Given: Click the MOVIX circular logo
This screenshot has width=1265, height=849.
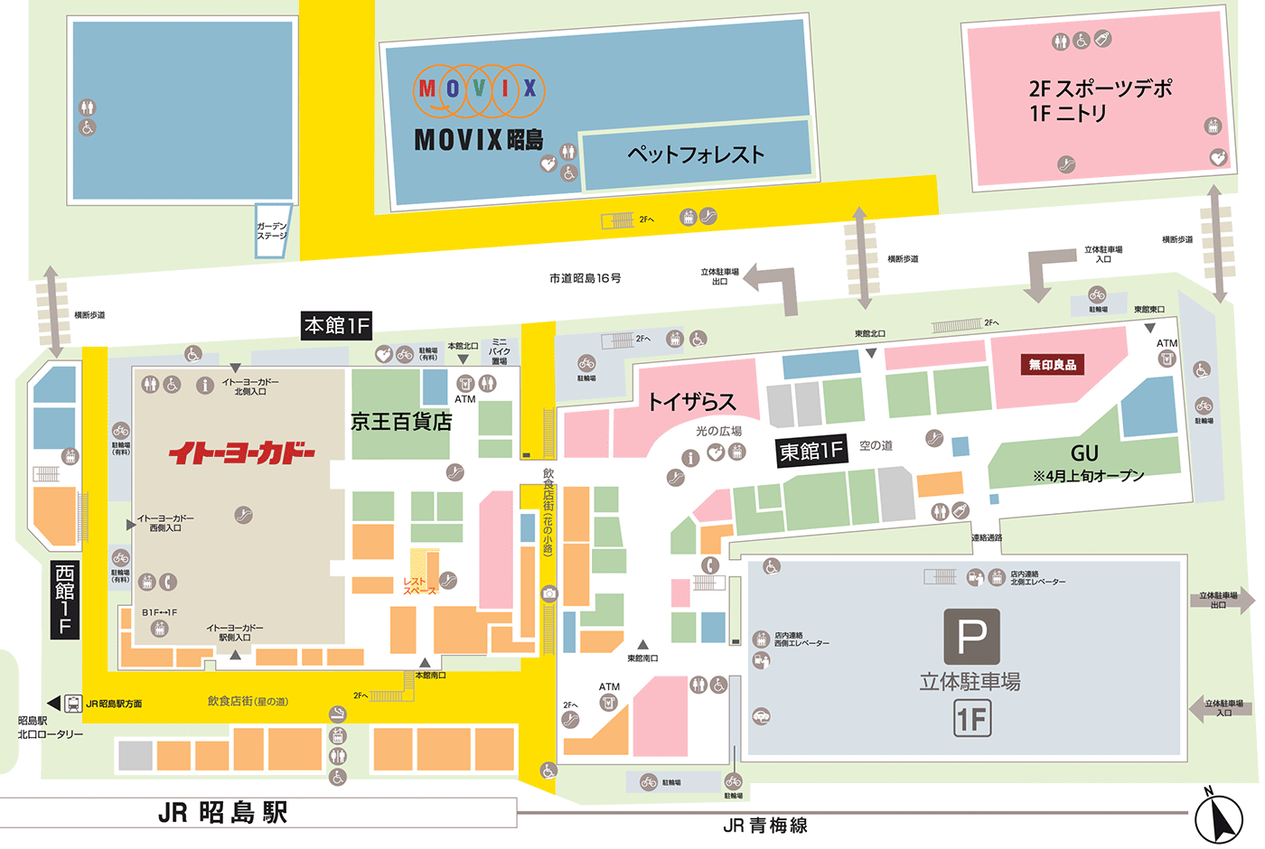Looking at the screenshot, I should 479,90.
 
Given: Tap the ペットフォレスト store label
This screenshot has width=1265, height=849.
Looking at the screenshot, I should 696,155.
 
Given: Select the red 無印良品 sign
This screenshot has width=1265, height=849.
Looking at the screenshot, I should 1053,365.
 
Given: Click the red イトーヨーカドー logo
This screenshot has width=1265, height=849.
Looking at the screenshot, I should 242,452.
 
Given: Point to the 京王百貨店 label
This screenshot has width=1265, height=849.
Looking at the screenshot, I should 401,422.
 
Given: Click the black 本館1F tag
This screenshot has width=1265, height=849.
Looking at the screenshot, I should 337,325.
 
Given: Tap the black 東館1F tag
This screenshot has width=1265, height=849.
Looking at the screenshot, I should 811,451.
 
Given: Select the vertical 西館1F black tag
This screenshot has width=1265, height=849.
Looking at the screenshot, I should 64,599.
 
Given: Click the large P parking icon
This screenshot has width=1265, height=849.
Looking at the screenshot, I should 971,637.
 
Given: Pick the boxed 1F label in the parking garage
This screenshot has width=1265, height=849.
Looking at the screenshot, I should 972,720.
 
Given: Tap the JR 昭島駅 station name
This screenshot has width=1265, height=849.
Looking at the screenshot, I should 223,813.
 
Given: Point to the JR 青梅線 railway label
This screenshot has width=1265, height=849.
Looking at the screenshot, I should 765,825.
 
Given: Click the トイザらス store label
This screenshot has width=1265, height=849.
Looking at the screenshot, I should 692,402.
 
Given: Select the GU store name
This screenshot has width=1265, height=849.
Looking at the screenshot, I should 1084,453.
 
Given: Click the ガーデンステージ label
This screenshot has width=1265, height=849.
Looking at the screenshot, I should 271,231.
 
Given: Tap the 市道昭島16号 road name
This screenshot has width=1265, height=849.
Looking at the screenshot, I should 586,278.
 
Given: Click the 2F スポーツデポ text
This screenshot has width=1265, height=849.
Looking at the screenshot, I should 1100,89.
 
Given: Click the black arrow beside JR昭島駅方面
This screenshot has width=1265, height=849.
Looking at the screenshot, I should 53,704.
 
